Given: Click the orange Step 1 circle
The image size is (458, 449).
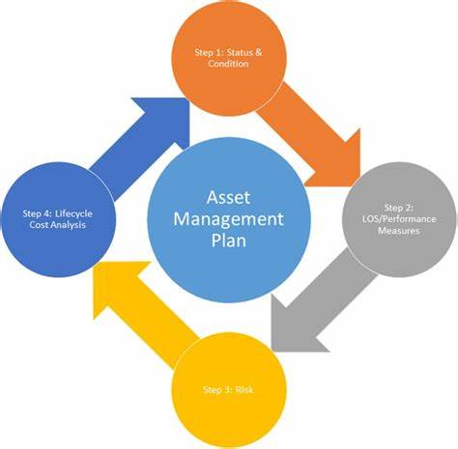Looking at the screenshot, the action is (229, 58).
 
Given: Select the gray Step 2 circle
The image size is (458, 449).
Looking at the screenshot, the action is (399, 220).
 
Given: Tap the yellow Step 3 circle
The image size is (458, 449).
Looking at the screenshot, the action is (229, 390).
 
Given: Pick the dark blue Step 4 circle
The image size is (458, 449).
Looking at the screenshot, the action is (58, 220).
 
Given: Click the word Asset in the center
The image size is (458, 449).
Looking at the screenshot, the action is (228, 197).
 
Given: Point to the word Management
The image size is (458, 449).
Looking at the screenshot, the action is (228, 219).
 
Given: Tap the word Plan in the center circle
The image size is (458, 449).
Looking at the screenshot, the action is (229, 240).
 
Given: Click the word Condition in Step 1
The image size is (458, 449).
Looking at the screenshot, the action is (228, 64).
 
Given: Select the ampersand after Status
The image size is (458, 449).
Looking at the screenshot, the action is (259, 52).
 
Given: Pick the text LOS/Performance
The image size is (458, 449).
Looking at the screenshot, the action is (399, 219).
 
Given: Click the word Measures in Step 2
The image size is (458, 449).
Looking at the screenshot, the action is (399, 231).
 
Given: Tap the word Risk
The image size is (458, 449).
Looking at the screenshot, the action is (244, 390).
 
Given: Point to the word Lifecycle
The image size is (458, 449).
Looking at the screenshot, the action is (73, 214).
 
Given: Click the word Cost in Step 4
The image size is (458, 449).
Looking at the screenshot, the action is (38, 225).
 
